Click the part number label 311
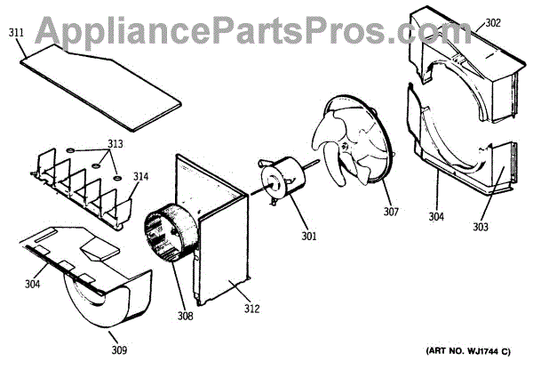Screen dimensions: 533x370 [x=16, y=33]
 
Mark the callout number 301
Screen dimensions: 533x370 [x=309, y=236]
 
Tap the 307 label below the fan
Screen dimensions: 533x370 [x=391, y=212]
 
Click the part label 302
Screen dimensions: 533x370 [x=492, y=25]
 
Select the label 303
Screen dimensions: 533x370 [x=505, y=228]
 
